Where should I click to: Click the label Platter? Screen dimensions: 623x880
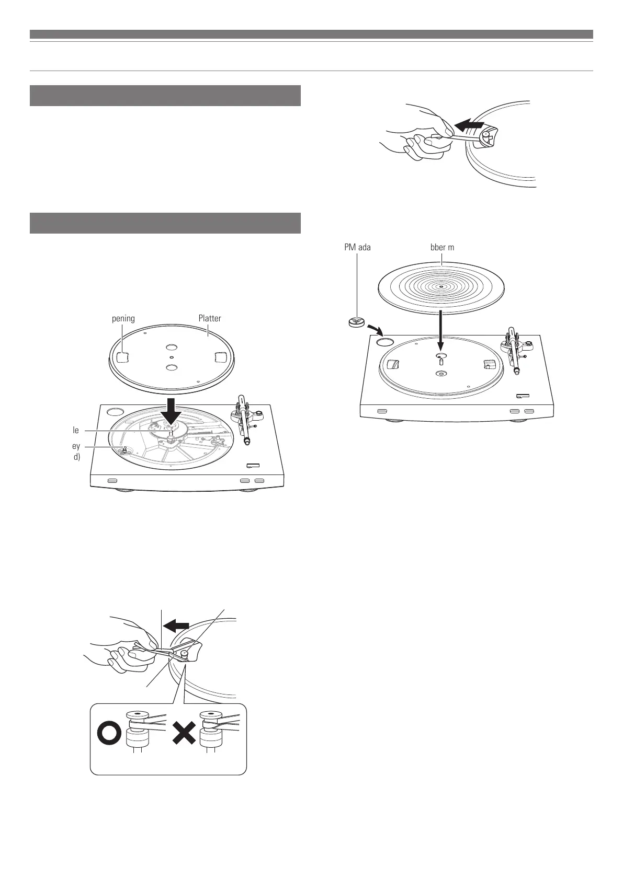coord(210,318)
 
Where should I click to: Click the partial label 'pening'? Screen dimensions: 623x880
coord(123,318)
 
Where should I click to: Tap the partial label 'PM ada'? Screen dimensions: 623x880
coord(357,247)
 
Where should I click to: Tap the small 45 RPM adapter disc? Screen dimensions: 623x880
coord(357,322)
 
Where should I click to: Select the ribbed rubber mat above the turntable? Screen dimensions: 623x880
coord(441,287)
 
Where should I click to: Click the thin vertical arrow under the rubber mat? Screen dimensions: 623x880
coord(441,328)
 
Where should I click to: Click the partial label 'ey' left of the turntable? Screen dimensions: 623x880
coord(76,446)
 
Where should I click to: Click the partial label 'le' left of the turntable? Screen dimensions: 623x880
coord(76,430)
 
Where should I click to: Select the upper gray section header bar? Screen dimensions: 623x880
coord(165,96)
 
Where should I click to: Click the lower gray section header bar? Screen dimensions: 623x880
coord(165,223)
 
